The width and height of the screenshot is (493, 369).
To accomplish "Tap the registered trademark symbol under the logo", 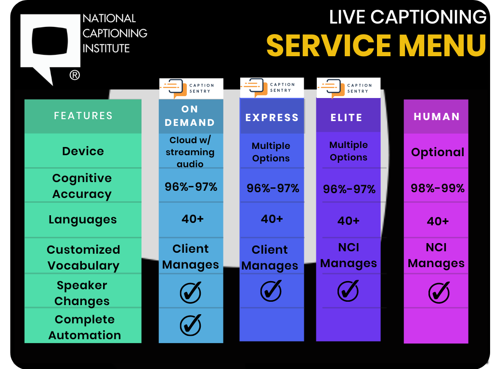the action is click(75, 75).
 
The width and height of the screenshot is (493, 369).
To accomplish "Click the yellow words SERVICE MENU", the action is click(376, 45).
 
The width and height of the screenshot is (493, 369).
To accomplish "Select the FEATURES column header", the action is click(83, 116).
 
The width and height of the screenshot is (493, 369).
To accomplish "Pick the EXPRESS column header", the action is click(272, 117).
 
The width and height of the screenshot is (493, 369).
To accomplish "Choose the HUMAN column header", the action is click(436, 117).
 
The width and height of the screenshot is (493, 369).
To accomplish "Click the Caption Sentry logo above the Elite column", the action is click(348, 88).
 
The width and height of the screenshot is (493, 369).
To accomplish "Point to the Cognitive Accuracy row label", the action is click(82, 186).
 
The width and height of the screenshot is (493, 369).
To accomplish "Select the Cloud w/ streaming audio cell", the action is click(191, 152).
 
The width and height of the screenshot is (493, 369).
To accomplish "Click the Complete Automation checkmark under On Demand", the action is click(190, 326).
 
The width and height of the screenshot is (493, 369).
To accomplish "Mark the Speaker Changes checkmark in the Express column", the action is click(271, 291).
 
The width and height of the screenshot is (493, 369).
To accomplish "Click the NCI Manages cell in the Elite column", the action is click(349, 256).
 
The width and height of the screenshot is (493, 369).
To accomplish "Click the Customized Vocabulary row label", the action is click(83, 258).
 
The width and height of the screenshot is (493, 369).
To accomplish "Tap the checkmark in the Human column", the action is click(438, 292).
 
